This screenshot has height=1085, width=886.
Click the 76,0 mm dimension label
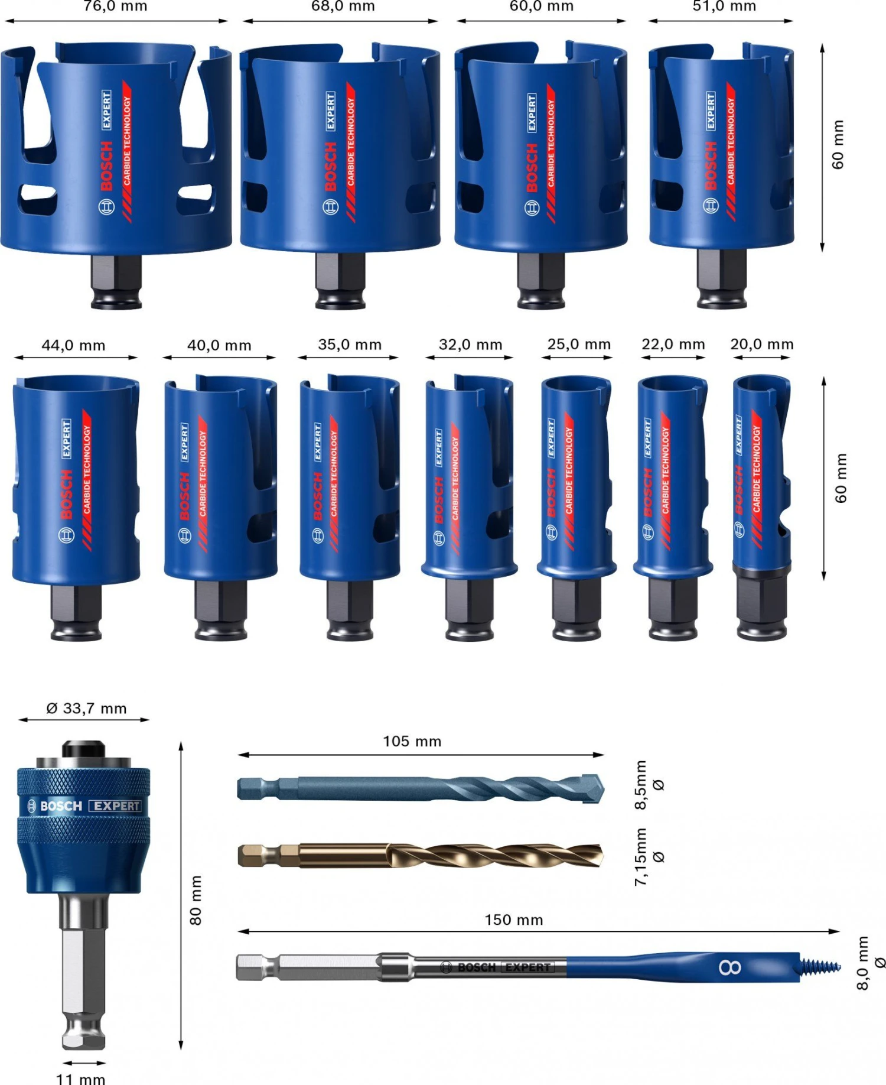(x=115, y=7)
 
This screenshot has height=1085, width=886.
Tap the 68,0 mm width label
(x=343, y=7)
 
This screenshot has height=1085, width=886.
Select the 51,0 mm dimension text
(x=724, y=7)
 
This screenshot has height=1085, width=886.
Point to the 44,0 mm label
(x=73, y=346)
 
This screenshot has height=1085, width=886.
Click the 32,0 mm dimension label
(x=470, y=345)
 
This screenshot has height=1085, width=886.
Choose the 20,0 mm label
(x=761, y=344)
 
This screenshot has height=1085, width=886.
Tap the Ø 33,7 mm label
(x=86, y=708)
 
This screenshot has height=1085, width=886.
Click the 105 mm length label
(x=412, y=741)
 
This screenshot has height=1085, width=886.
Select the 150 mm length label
(x=513, y=920)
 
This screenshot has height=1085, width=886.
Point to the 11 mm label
(x=80, y=1078)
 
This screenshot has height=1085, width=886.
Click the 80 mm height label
(x=196, y=899)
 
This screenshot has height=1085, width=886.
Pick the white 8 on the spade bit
(x=730, y=967)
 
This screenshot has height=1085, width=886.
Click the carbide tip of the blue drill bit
(x=593, y=788)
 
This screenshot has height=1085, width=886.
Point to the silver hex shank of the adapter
(x=84, y=969)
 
